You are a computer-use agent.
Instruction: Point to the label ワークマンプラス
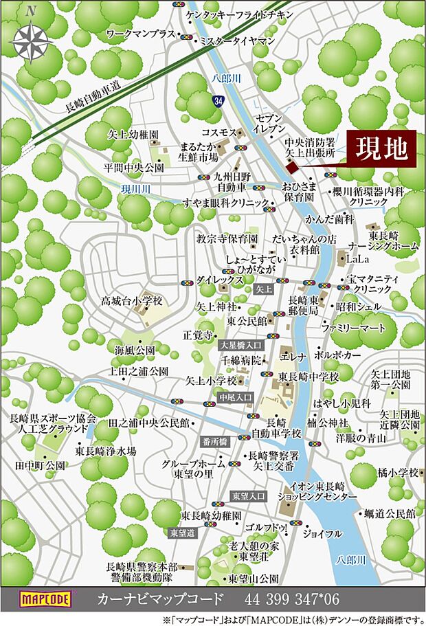(x=141, y=33)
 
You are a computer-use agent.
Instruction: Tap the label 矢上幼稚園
(x=134, y=135)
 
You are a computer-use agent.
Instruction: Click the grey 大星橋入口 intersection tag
(x=240, y=344)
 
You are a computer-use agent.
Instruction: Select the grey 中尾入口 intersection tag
(x=236, y=397)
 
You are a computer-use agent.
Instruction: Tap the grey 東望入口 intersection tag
(x=245, y=495)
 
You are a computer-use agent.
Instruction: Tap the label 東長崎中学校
(x=309, y=377)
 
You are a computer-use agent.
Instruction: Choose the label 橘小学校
(x=398, y=473)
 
